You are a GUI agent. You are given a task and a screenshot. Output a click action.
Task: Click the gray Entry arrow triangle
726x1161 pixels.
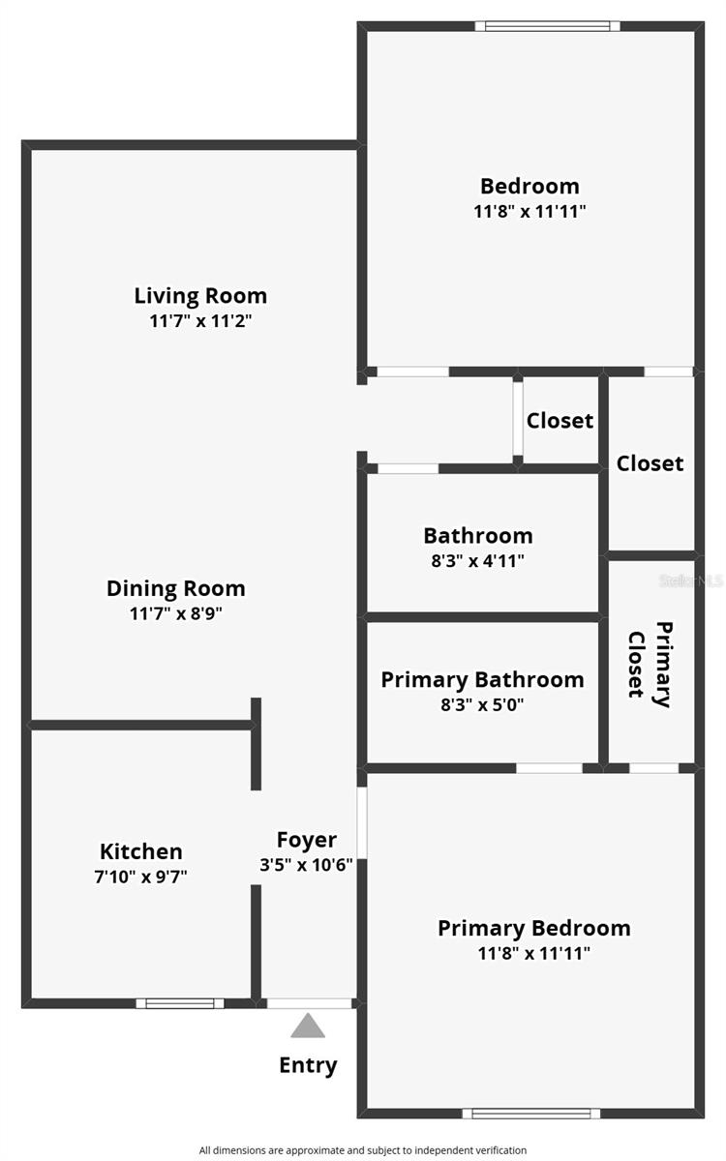coord(308,1027)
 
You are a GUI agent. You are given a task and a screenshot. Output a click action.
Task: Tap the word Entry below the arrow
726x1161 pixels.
coord(308,1065)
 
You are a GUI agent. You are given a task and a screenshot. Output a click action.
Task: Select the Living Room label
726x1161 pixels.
coord(200,295)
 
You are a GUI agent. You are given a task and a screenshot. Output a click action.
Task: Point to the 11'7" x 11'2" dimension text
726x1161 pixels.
coord(200,321)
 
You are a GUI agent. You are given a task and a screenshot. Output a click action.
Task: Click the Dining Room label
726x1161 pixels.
coord(175,588)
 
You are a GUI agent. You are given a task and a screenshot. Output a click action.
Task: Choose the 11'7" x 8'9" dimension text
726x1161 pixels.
coord(175,613)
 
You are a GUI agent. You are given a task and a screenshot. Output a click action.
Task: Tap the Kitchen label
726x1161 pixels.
coord(141,851)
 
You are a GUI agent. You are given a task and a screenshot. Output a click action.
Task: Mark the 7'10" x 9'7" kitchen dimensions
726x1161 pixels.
coord(141,878)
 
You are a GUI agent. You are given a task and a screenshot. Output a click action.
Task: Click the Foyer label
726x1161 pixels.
coord(307,840)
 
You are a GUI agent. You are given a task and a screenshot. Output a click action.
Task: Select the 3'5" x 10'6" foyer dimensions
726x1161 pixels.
coord(307,865)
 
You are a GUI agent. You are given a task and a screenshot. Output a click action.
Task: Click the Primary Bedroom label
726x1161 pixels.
coord(533,928)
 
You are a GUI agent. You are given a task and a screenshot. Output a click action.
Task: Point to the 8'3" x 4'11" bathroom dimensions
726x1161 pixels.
coord(478,560)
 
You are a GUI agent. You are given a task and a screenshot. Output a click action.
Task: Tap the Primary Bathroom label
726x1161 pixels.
coord(482,679)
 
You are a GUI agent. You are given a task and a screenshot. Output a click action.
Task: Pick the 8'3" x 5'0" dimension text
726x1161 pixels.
coord(482,705)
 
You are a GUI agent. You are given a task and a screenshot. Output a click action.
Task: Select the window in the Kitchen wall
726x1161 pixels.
coord(180,1003)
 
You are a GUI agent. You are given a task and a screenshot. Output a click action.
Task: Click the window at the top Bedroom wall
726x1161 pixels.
coord(548,26)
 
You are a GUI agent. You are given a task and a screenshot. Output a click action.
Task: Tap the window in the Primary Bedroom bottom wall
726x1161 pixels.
coord(530,1114)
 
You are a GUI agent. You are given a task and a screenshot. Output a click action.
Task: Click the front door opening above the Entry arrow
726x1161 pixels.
coord(309,1003)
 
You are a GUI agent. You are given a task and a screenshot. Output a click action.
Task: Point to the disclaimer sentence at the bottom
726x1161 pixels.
coord(363,1150)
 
